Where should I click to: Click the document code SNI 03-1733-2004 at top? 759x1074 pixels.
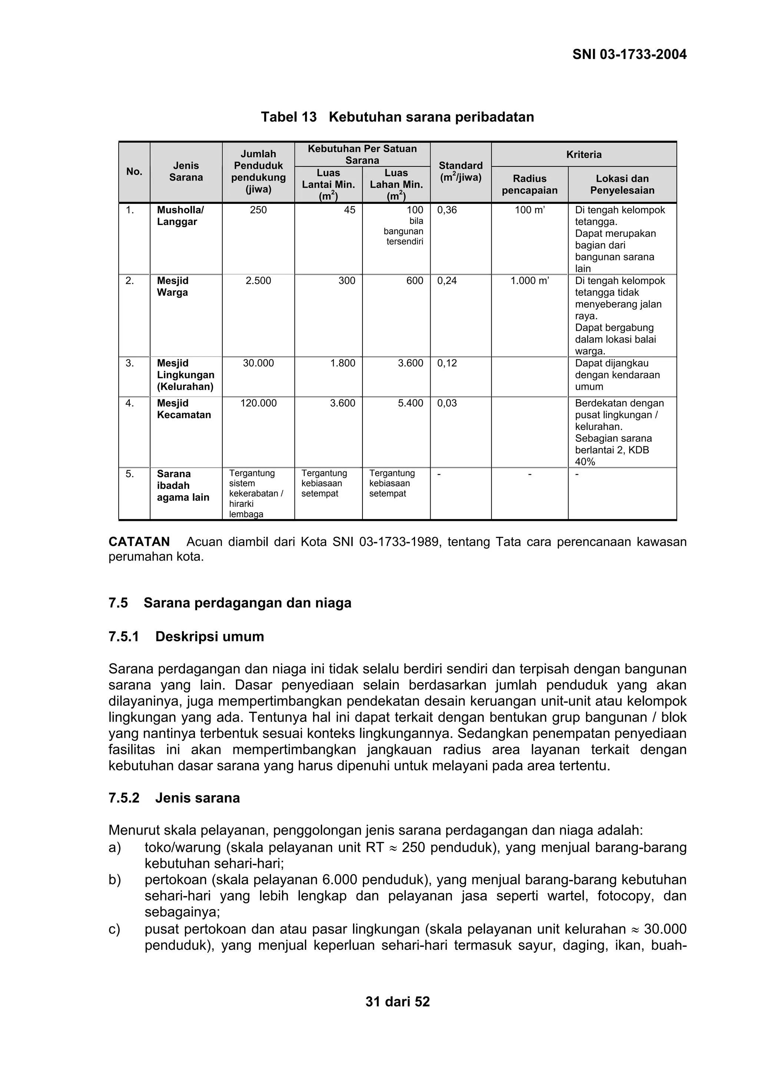629,55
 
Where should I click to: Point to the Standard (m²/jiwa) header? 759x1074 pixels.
460,172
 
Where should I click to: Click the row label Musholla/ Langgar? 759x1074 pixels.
180,216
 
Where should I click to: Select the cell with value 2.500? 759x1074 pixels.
258,281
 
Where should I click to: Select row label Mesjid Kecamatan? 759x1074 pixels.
184,409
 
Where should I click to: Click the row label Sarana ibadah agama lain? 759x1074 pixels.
183,486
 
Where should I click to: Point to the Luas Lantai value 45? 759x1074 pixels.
349,210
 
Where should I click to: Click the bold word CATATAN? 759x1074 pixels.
139,542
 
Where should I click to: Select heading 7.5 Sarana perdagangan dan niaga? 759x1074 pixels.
230,603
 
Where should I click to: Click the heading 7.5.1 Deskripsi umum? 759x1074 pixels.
186,637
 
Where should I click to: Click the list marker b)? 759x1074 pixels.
115,880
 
